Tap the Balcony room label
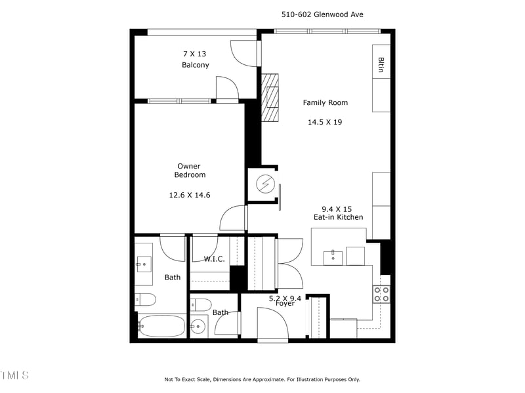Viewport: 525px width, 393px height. click(x=196, y=65)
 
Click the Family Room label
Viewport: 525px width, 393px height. click(x=325, y=102)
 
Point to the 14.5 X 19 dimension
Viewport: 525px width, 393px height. click(x=325, y=122)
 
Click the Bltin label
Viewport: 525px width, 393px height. click(x=381, y=64)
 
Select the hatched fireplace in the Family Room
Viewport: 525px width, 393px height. click(x=270, y=97)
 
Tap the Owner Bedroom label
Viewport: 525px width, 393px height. click(x=189, y=171)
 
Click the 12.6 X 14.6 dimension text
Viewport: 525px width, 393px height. click(x=189, y=195)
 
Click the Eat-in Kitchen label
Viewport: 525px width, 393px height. click(x=338, y=217)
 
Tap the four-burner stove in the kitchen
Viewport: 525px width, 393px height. click(x=381, y=293)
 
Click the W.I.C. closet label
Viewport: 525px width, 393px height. click(x=214, y=259)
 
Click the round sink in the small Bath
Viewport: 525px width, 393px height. click(x=199, y=325)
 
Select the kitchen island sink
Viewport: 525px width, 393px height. click(x=333, y=255)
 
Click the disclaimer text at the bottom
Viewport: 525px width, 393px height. click(x=262, y=379)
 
